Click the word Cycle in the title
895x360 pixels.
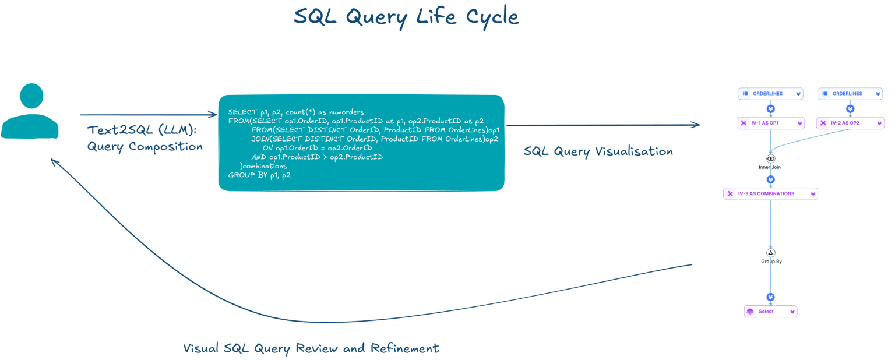tap(492, 17)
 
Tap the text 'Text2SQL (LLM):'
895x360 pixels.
tap(142, 130)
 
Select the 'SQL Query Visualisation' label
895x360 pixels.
tap(598, 151)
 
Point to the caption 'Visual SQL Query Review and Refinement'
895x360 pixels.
tap(311, 348)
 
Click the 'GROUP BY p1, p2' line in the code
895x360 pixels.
tap(259, 175)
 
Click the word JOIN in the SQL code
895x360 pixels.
tap(260, 139)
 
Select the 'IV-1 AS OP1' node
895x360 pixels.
tap(770, 123)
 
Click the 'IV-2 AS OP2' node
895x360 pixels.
tap(850, 123)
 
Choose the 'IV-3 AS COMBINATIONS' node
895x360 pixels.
tap(770, 194)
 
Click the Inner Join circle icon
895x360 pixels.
tap(771, 158)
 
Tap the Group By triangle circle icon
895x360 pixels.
tap(771, 253)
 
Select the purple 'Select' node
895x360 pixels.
tap(770, 312)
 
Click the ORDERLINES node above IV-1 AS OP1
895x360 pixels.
tap(770, 94)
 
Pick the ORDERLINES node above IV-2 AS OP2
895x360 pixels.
tap(850, 94)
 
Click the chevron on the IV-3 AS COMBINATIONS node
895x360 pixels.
tap(813, 194)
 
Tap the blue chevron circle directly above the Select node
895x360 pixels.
tap(771, 297)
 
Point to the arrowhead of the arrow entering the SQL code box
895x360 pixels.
tap(214, 115)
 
